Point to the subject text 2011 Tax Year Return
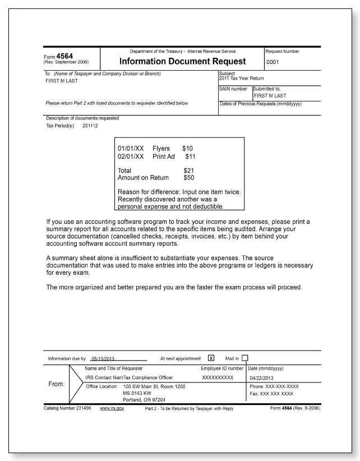241,78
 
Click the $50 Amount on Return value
189,178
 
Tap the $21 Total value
189,170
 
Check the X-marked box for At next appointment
211,358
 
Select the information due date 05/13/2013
103,358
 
